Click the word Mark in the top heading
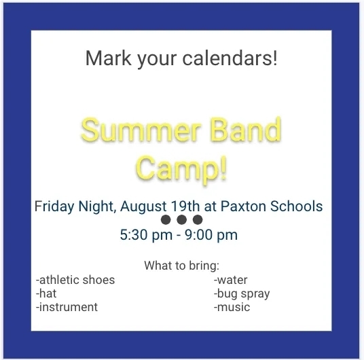pyautogui.click(x=109, y=58)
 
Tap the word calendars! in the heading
pyautogui.click(x=230, y=58)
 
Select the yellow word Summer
pyautogui.click(x=141, y=130)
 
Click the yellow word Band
pyautogui.click(x=247, y=129)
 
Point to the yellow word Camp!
pyautogui.click(x=181, y=167)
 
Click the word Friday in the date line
pyautogui.click(x=54, y=206)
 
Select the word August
pyautogui.click(x=143, y=206)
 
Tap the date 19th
pyautogui.click(x=185, y=206)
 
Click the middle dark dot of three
pyautogui.click(x=182, y=219)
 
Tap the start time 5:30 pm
pyautogui.click(x=146, y=235)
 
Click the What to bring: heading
pyautogui.click(x=182, y=266)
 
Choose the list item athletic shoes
pyautogui.click(x=75, y=280)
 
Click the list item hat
pyautogui.click(x=46, y=293)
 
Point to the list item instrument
pyautogui.click(x=67, y=307)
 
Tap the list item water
pyautogui.click(x=230, y=280)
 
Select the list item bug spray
pyautogui.click(x=242, y=294)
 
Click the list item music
pyautogui.click(x=232, y=307)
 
